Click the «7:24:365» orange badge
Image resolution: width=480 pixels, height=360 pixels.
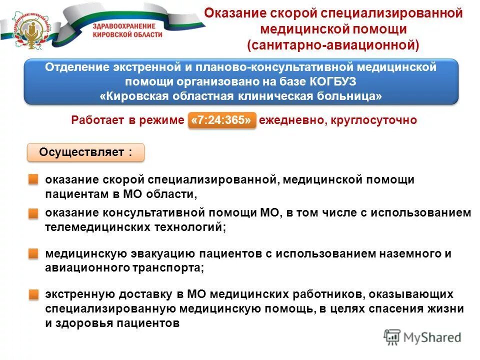221,121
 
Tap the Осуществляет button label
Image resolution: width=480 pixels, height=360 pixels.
85,152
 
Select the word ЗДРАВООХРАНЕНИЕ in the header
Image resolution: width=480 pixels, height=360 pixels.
124,25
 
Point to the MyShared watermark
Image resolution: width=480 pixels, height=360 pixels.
422,337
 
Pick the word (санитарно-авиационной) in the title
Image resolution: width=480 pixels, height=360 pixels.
332,45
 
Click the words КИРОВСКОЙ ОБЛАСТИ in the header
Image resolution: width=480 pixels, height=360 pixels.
127,34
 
